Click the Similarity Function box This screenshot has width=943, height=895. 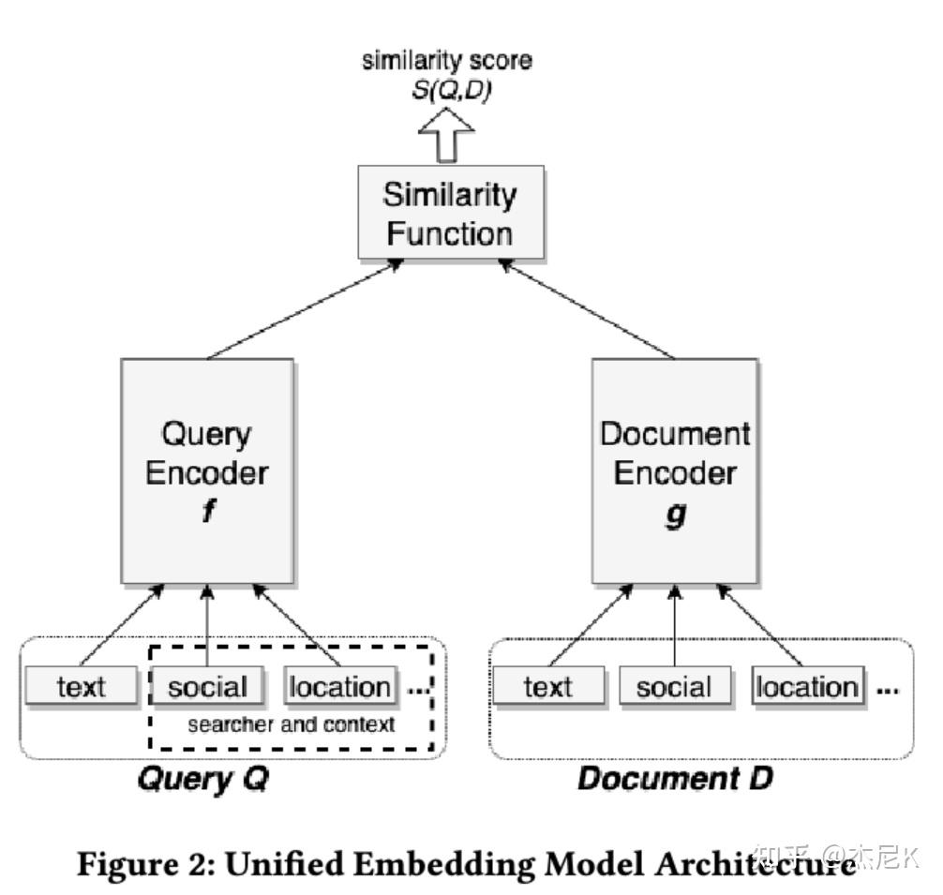tap(450, 213)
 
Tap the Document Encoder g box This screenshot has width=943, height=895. tap(674, 471)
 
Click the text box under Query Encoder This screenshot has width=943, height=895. tap(82, 687)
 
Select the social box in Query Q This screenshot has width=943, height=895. tap(207, 687)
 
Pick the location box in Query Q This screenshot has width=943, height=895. tap(339, 687)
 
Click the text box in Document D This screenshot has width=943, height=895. tap(548, 687)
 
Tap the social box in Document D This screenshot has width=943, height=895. tap(674, 687)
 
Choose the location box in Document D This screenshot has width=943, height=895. tap(806, 687)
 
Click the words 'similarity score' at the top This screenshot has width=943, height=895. tap(448, 63)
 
